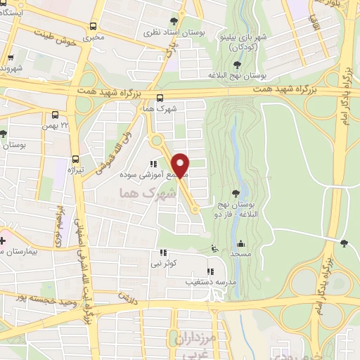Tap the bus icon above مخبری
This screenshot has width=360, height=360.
coord(94,26)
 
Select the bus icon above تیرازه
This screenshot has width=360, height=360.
coord(75,159)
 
